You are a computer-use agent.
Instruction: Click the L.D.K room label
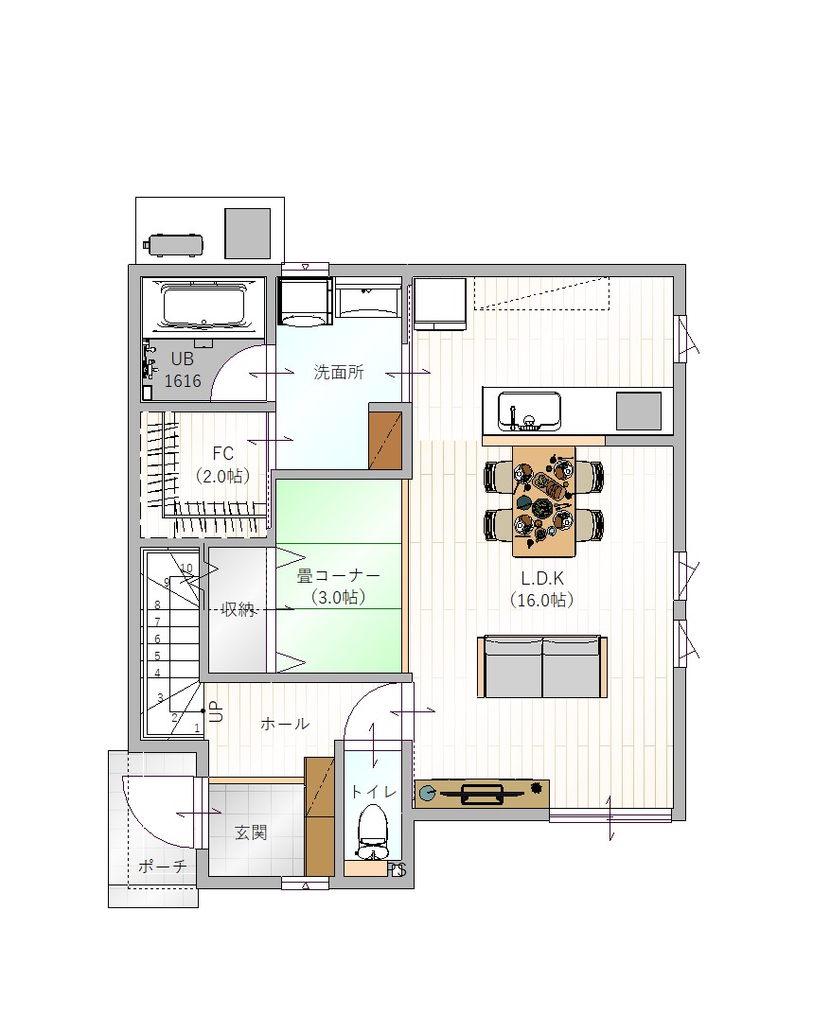click(542, 578)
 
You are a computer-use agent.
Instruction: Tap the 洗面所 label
click(339, 372)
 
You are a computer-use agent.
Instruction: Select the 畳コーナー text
click(339, 575)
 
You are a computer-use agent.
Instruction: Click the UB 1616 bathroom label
click(182, 370)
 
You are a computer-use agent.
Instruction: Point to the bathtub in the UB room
click(203, 307)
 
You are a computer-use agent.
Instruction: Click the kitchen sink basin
click(529, 412)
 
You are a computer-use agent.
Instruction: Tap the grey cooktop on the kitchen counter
click(639, 412)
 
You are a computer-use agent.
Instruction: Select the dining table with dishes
click(544, 500)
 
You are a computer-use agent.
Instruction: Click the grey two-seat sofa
click(542, 667)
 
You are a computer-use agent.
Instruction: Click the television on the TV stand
click(482, 793)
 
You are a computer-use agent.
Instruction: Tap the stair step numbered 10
click(186, 569)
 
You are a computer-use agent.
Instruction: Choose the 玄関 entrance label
click(250, 832)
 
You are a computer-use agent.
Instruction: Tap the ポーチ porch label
click(163, 866)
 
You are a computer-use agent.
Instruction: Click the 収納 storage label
click(238, 610)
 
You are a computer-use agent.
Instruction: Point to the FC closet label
click(222, 453)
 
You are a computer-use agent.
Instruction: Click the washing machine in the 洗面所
click(305, 302)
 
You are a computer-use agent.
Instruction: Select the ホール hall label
click(285, 724)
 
